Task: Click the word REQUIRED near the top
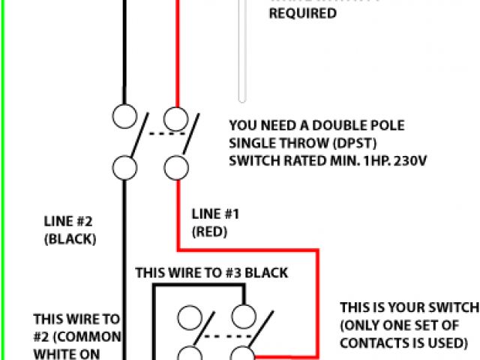[x=303, y=13]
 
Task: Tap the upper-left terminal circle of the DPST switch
[x=124, y=115]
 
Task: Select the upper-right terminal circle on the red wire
[x=176, y=117]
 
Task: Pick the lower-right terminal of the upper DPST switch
[x=176, y=166]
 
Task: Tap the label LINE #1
[x=215, y=214]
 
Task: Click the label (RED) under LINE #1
[x=210, y=232]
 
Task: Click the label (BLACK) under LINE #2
[x=70, y=239]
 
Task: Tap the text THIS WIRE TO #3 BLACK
[x=211, y=273]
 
